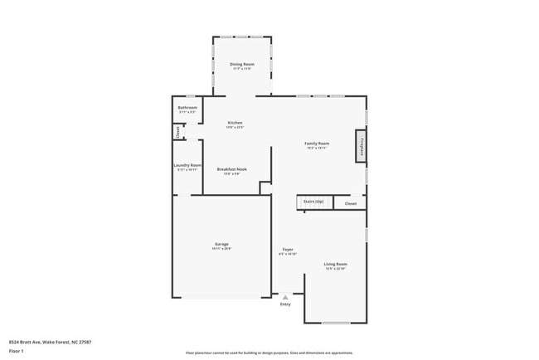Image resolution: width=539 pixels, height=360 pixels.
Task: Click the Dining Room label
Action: pos(242,64)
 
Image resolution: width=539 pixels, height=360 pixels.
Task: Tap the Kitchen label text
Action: pos(235,123)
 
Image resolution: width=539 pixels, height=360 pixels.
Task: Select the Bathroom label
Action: pos(187,108)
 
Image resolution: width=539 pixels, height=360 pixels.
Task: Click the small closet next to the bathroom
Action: pos(177,131)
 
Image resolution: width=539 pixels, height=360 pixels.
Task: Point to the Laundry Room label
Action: pos(187,165)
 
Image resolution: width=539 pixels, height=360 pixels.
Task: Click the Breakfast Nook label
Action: pos(231,169)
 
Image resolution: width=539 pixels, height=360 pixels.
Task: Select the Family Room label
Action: pos(318,144)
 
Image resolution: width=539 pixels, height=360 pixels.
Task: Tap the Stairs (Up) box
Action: pos(313,202)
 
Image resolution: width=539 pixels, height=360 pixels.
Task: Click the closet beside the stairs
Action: pos(350,202)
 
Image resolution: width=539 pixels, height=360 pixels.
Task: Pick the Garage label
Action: pos(221,244)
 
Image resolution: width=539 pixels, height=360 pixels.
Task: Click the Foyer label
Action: pos(287,249)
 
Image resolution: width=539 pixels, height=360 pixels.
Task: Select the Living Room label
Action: pos(335,264)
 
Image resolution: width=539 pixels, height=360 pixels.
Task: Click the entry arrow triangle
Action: pos(285,296)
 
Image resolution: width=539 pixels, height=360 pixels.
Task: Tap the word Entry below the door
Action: pos(285,304)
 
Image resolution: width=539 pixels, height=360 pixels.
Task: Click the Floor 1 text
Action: pos(16,351)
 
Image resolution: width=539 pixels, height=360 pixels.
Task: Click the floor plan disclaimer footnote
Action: pos(269,353)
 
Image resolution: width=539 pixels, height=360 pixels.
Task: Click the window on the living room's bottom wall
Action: pos(335,323)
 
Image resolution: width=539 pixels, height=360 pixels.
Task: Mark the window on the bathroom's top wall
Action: pos(190,96)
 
